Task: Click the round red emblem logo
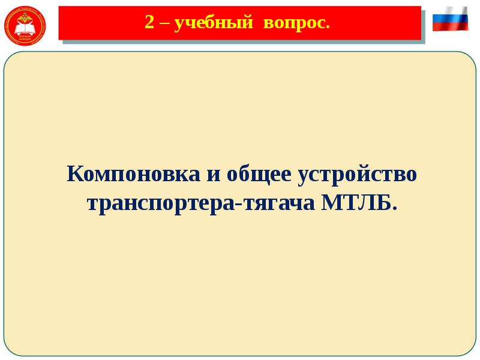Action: pyautogui.click(x=23, y=25)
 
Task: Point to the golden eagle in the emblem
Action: pyautogui.click(x=23, y=19)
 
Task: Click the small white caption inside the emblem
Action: pyautogui.click(x=23, y=38)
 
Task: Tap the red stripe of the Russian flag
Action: pyautogui.click(x=450, y=27)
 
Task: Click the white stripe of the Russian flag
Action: pyautogui.click(x=450, y=12)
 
